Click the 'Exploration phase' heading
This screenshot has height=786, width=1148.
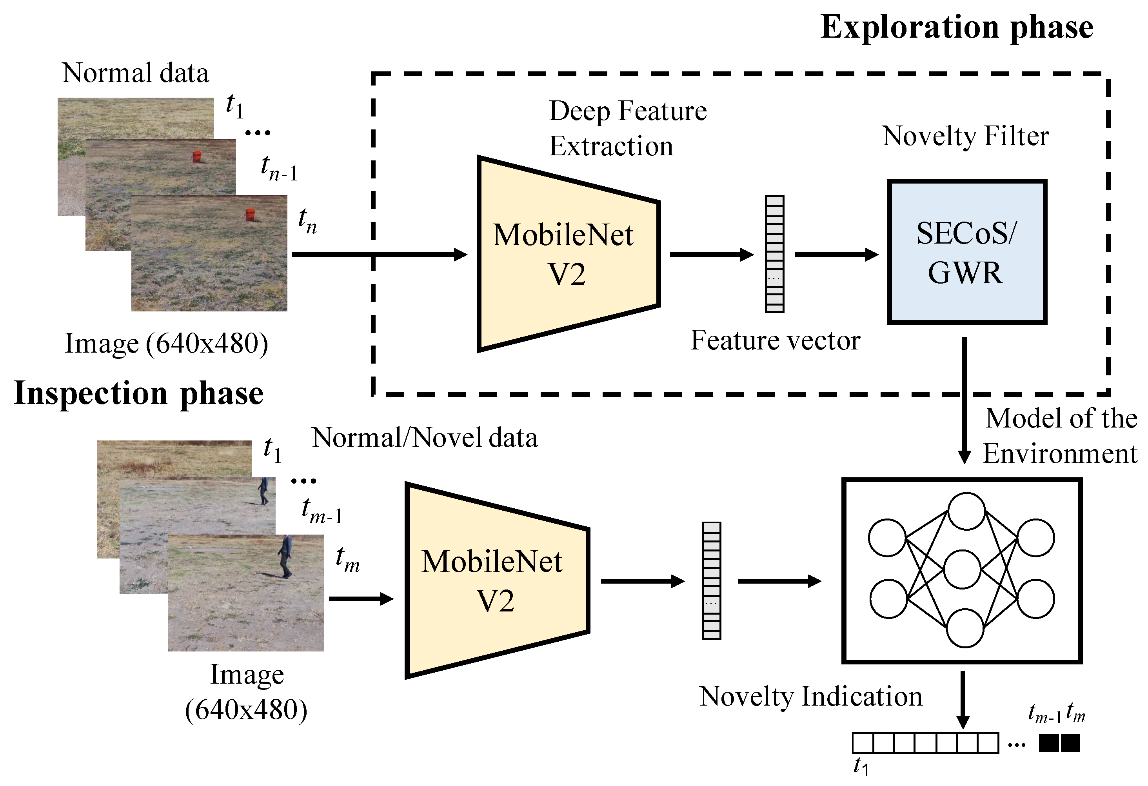coord(957,28)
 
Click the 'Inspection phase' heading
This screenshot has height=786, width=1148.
coord(139,394)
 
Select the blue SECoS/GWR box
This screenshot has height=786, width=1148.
coord(967,251)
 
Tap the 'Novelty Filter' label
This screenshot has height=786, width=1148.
coord(965,136)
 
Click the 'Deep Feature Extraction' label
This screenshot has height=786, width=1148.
coord(628,128)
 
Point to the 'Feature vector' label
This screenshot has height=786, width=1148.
coord(775,340)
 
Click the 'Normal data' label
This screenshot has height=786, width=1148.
coord(135,73)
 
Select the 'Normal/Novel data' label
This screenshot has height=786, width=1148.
coord(425,438)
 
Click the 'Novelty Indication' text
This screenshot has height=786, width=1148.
coord(810,697)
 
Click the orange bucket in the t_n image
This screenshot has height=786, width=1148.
coord(251,215)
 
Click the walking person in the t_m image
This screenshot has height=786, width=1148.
coord(285,556)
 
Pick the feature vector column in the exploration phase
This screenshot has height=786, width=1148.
coord(775,254)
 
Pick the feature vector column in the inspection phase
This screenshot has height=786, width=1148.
coord(711,580)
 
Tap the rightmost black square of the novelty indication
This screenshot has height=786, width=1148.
coord(1070,743)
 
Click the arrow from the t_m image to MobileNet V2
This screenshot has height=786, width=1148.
coord(361,599)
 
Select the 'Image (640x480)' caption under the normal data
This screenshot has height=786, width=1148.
coord(167,344)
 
